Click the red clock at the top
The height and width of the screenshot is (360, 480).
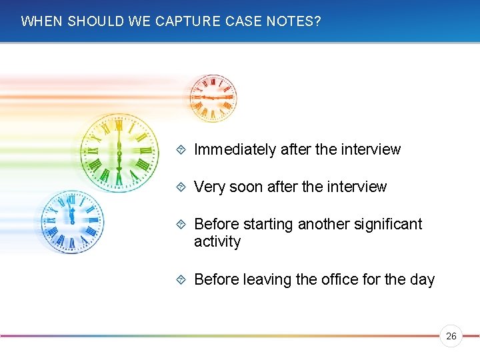(x=213, y=97)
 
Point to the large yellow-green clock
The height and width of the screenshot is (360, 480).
(x=119, y=151)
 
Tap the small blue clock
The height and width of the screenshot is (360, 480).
(x=72, y=221)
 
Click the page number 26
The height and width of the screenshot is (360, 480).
(x=451, y=337)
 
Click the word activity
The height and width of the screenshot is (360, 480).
(x=217, y=241)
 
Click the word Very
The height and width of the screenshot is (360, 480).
(x=209, y=187)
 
